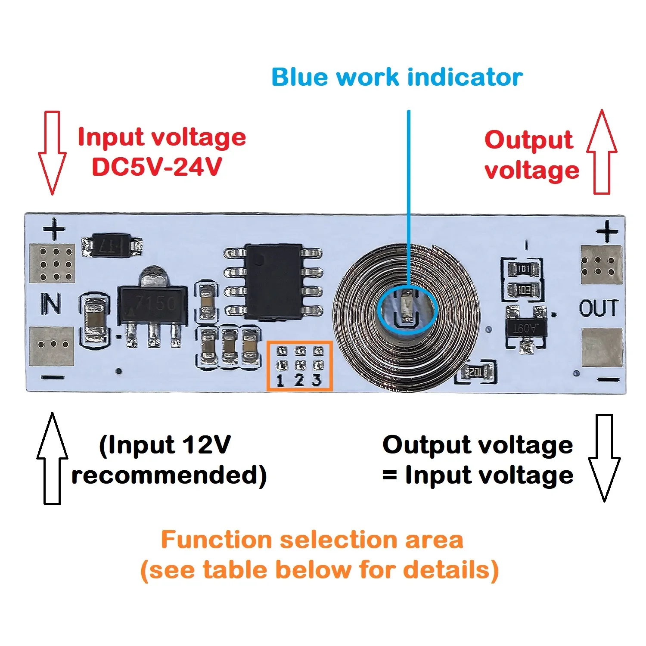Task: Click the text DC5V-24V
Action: [x=157, y=167]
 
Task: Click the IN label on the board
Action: [x=51, y=304]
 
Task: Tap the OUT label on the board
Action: [x=599, y=308]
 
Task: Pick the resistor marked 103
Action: [x=522, y=290]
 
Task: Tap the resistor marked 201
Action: [x=475, y=372]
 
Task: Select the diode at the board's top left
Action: [x=112, y=246]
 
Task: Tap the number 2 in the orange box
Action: [x=300, y=380]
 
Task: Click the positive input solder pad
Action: [x=52, y=263]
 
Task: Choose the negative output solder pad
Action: [x=602, y=348]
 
